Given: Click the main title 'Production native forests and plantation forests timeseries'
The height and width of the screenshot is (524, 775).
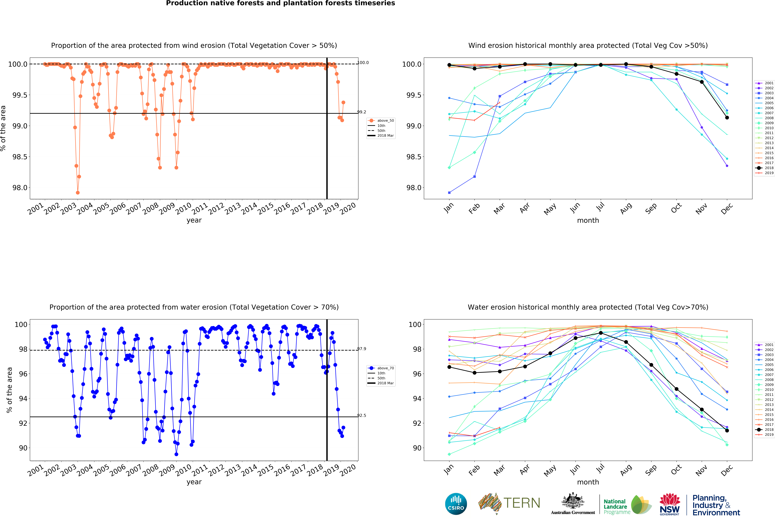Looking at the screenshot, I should [280, 3].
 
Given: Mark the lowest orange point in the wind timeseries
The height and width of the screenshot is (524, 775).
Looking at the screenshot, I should [78, 193].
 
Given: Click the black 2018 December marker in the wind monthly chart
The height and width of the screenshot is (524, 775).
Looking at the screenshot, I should [727, 117].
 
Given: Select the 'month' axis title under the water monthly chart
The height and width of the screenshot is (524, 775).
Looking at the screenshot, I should [588, 482].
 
